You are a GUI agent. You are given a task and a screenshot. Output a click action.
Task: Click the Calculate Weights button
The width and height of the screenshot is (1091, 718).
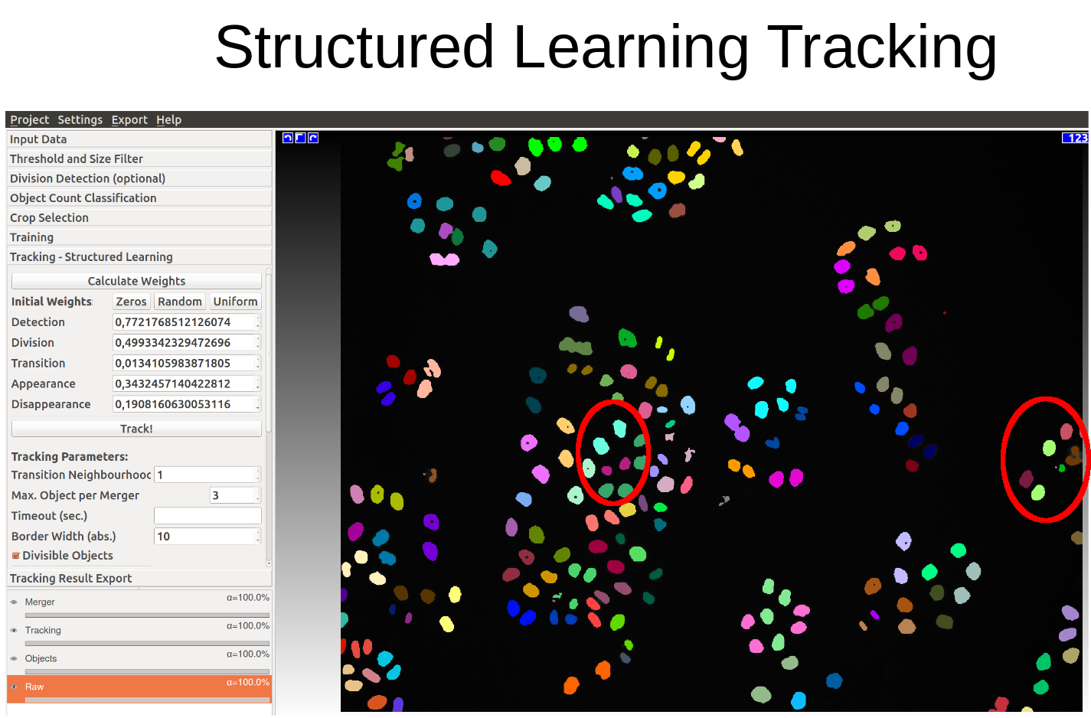pos(136,281)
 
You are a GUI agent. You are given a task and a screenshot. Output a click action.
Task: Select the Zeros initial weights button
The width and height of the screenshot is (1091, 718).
pos(131,302)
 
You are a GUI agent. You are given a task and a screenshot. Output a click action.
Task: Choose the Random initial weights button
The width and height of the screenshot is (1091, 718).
pos(180,302)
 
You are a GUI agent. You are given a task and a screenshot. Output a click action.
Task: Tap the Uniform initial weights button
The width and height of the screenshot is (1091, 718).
pos(235,302)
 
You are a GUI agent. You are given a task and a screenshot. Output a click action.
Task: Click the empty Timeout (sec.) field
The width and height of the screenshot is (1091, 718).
pos(207,515)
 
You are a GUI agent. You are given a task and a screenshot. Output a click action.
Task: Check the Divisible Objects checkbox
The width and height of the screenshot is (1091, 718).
pos(16,555)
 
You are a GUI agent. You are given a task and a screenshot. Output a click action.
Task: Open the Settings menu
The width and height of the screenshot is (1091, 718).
pos(80,119)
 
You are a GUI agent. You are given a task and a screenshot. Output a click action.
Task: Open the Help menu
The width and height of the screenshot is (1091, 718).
pos(169,119)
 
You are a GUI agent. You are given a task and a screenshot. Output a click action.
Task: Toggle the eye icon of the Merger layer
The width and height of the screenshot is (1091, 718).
pos(14,602)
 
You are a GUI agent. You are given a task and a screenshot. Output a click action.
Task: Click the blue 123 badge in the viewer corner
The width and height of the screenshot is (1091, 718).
pos(1075,138)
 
